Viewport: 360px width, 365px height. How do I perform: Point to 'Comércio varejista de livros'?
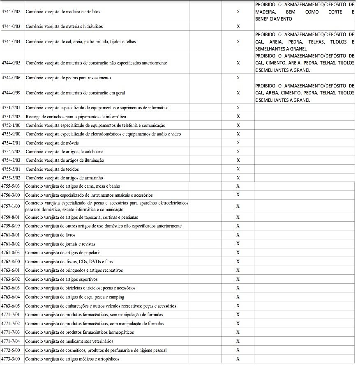click(x=47, y=235)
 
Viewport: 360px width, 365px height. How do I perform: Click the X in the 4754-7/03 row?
click(x=238, y=160)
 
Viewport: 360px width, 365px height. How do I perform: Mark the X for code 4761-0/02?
click(x=238, y=244)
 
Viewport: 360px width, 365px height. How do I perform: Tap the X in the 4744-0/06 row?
click(x=238, y=78)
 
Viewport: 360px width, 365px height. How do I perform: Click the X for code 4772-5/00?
click(x=238, y=350)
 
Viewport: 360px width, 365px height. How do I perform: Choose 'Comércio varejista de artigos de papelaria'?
click(x=63, y=253)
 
